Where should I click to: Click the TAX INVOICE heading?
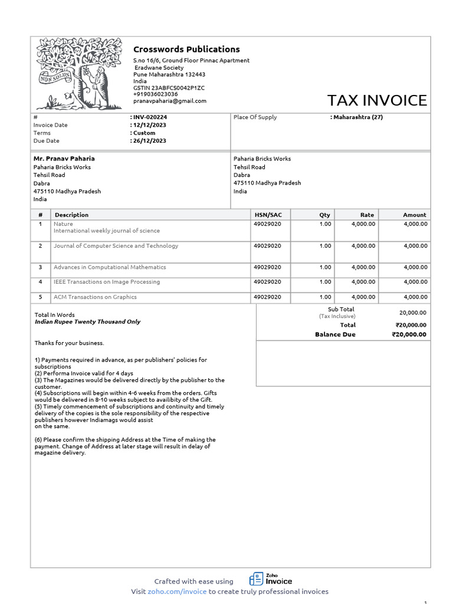tap(377, 100)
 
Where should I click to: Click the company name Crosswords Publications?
tap(186, 50)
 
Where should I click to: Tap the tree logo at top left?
tap(79, 73)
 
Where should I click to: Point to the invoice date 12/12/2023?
tap(150, 125)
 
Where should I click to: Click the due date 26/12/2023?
tap(150, 141)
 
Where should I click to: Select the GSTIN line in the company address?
tap(169, 88)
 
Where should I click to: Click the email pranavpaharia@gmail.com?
tap(170, 101)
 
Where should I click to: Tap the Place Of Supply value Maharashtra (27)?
tap(358, 117)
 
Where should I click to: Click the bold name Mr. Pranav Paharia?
tap(64, 159)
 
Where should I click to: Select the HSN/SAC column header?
tap(268, 215)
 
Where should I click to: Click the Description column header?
tap(71, 215)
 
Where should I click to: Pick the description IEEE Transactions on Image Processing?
tap(107, 282)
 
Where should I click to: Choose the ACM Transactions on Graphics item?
tap(95, 297)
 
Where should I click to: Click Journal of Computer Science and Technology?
tap(116, 246)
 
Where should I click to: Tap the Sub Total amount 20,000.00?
tap(413, 313)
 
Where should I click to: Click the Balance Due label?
tap(335, 334)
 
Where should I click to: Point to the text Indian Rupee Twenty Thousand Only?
tap(87, 322)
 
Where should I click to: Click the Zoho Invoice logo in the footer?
tap(271, 579)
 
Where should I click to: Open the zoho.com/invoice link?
tap(177, 592)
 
